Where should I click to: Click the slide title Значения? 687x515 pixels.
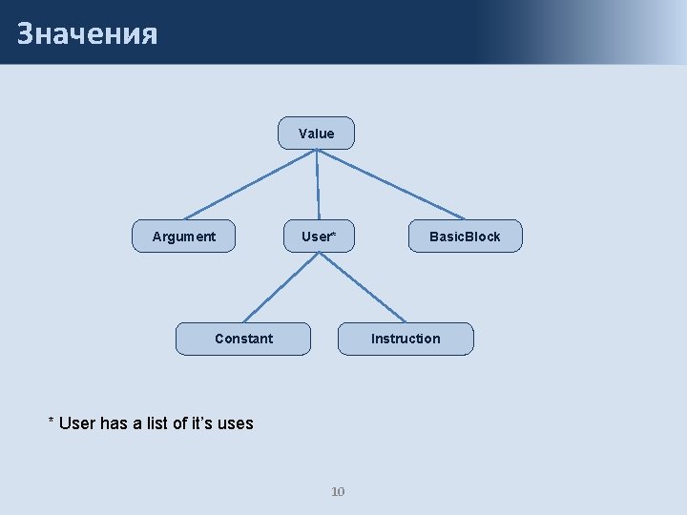[87, 33]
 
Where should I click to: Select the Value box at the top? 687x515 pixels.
[316, 134]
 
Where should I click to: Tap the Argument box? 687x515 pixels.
[184, 237]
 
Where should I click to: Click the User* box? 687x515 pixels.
[318, 237]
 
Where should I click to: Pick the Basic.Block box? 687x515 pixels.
[465, 237]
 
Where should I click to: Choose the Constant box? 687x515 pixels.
[243, 339]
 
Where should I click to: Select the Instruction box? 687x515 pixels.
[406, 339]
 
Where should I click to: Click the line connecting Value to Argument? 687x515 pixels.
[248, 185]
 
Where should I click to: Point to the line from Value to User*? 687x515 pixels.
[317, 185]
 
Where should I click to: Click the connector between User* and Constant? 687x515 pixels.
[281, 287]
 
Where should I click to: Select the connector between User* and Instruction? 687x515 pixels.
[363, 287]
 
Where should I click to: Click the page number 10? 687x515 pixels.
[338, 492]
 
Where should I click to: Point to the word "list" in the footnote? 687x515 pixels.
[158, 423]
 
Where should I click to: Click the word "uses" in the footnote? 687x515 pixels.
[235, 423]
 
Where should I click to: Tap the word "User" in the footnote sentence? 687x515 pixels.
[77, 423]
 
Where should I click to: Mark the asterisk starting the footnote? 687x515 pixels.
[52, 421]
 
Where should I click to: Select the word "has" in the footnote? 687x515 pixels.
[114, 423]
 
